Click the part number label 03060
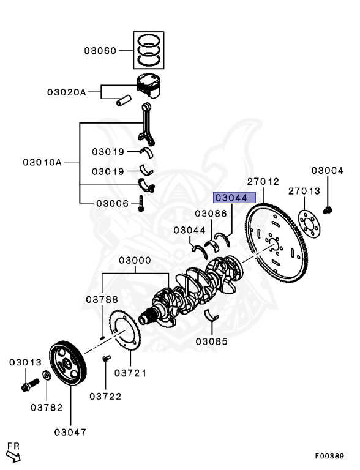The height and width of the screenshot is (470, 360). [x=100, y=51]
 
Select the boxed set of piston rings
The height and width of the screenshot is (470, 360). [x=148, y=50]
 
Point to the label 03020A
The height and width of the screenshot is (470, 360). [x=66, y=92]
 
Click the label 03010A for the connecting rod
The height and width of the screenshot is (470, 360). [x=43, y=162]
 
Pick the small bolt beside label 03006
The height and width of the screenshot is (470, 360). [x=141, y=204]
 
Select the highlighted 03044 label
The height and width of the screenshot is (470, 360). [x=230, y=198]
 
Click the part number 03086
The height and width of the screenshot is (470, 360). [x=211, y=214]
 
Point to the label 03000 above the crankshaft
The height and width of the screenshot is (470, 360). [x=135, y=260]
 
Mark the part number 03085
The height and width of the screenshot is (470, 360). [x=212, y=340]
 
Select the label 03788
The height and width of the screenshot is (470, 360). [x=102, y=299]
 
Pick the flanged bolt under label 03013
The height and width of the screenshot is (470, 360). [x=28, y=386]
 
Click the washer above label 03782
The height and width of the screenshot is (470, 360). [x=47, y=375]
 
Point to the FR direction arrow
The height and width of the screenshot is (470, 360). [x=13, y=453]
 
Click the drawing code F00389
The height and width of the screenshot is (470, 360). [x=329, y=456]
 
